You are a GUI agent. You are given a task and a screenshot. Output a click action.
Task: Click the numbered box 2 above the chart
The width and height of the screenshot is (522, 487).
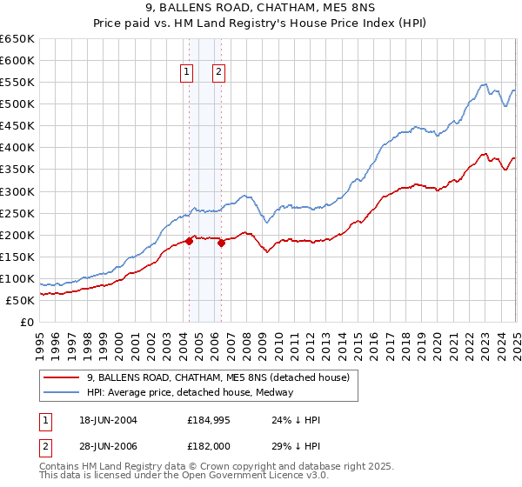[218, 73]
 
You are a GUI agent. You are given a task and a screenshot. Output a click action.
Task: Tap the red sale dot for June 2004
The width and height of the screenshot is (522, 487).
[189, 241]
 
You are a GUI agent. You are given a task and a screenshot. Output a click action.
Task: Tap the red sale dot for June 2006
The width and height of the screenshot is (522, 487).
[221, 243]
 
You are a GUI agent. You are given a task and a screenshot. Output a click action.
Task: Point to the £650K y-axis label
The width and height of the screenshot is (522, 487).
[17, 39]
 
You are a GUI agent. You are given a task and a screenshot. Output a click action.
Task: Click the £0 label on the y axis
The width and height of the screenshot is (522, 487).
[28, 322]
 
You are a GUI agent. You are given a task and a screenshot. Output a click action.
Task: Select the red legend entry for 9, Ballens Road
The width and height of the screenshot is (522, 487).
[217, 377]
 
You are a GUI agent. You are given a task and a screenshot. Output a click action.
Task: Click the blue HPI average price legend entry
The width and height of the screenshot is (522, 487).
[191, 392]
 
